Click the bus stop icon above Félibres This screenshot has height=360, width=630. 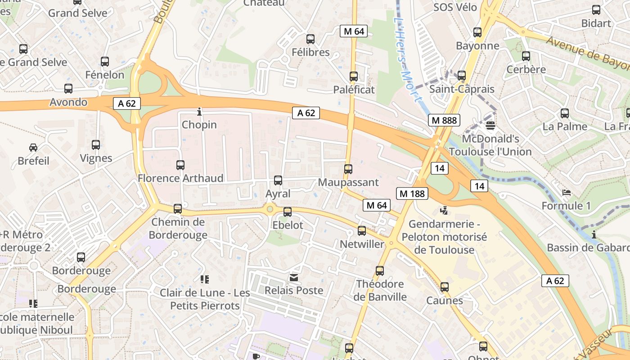(310, 39)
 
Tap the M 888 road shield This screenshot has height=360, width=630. (444, 120)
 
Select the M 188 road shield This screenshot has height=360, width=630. (412, 193)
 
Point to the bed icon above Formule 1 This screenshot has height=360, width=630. (567, 193)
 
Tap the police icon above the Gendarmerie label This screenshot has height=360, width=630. (444, 210)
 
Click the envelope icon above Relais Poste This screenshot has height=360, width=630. (294, 278)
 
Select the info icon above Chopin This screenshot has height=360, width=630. (199, 111)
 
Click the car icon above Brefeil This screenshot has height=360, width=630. (33, 147)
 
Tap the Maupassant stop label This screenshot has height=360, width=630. (348, 183)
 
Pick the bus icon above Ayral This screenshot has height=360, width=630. (278, 180)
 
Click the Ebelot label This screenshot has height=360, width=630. (288, 225)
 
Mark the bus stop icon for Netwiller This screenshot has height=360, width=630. (362, 231)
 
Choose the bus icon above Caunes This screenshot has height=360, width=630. (445, 287)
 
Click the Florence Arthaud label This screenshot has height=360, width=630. (180, 178)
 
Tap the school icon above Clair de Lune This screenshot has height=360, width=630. (205, 279)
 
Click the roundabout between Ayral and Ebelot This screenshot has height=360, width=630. (270, 208)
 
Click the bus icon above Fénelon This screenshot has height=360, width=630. (105, 62)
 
